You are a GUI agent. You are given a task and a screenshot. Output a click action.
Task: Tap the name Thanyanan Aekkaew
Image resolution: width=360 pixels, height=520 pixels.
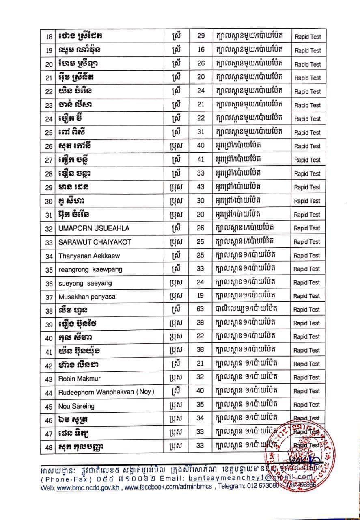coord(85,256)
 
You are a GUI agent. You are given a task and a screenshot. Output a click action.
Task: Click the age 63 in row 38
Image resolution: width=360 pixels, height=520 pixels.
coord(200,310)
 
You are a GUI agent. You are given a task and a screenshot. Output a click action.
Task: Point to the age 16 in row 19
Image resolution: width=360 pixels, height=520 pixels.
coord(200,50)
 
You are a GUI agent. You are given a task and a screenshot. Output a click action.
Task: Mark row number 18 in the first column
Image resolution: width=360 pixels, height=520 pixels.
coord(50,37)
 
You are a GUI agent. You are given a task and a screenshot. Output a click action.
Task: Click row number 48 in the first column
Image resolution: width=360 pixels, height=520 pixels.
coord(49,447)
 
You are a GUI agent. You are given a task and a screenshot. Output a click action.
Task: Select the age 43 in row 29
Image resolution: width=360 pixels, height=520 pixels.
coord(200,187)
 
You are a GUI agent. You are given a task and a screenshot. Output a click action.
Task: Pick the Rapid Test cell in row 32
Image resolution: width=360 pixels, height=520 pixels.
coord(307,228)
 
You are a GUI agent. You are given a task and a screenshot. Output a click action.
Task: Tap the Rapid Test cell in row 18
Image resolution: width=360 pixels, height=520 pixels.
coord(307,37)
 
